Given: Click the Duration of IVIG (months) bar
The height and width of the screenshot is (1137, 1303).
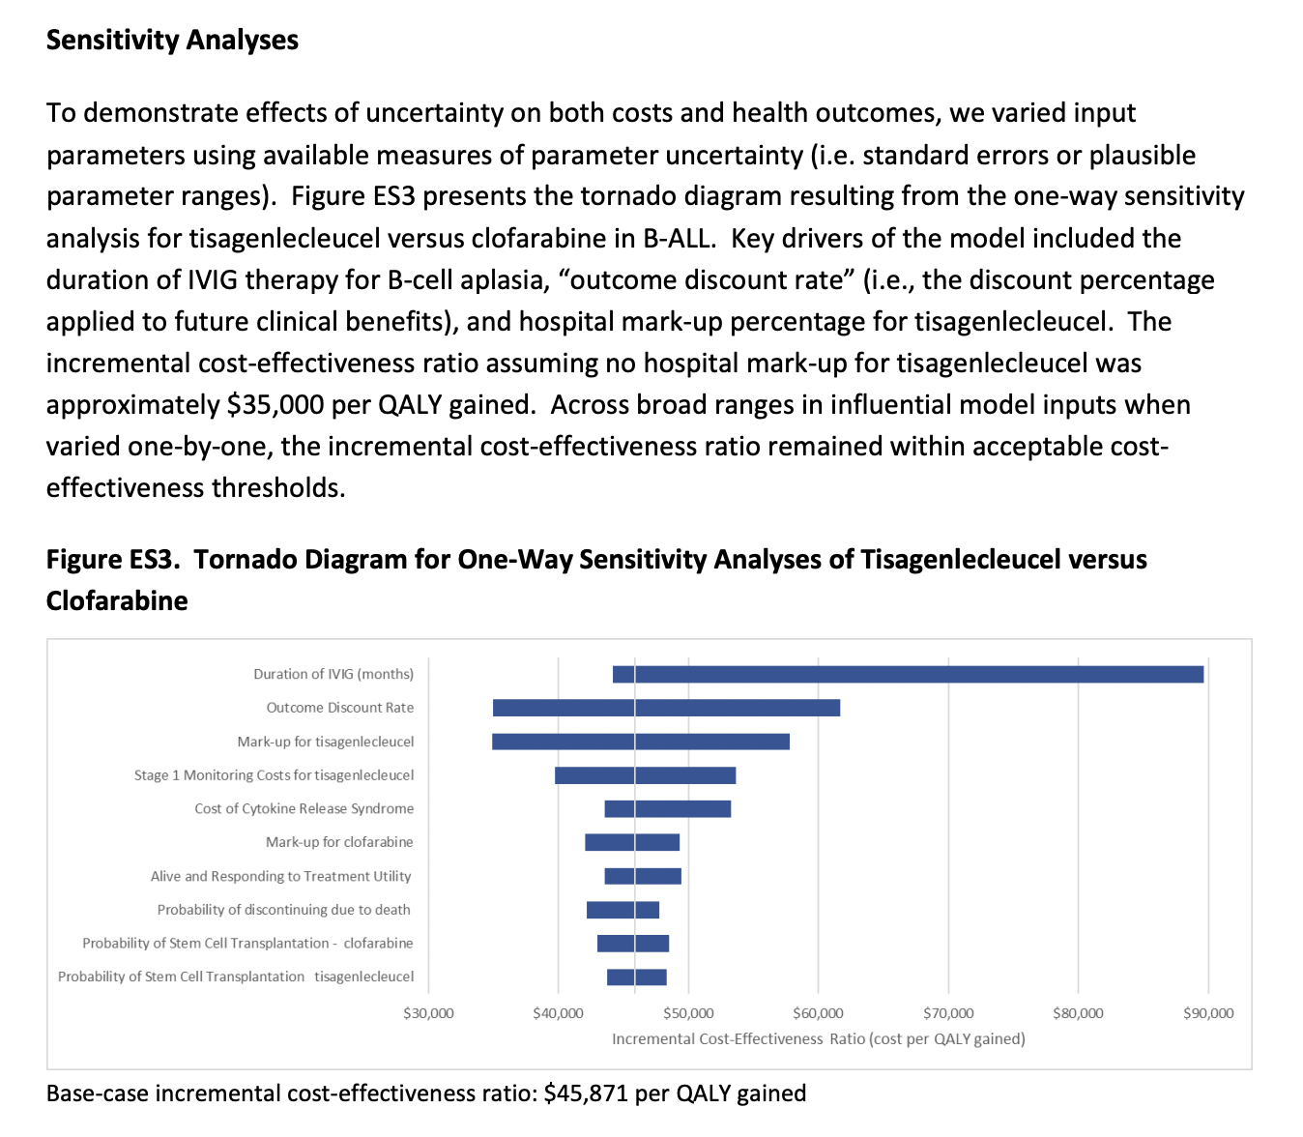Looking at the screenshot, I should pyautogui.click(x=908, y=674).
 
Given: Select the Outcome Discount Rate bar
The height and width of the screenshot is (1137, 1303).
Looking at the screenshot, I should pyautogui.click(x=666, y=708).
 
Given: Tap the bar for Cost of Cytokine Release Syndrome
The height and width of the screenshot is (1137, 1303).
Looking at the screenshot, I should pyautogui.click(x=667, y=809).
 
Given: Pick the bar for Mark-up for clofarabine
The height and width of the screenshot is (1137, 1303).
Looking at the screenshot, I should pyautogui.click(x=632, y=842).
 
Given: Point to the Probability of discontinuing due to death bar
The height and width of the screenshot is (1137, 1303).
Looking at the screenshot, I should pyautogui.click(x=623, y=910).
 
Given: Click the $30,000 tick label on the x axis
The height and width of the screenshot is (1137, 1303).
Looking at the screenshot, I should pyautogui.click(x=428, y=1013).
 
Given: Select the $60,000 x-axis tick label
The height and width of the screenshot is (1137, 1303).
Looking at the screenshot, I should pyautogui.click(x=818, y=1013).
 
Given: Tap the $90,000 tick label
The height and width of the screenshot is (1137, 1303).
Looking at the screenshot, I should pyautogui.click(x=1208, y=1013).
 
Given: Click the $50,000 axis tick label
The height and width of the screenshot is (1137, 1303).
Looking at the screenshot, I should pyautogui.click(x=688, y=1013).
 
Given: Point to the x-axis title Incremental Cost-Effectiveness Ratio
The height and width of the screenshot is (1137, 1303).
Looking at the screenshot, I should pyautogui.click(x=818, y=1039).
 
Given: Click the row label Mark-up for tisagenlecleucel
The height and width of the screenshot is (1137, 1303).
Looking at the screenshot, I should pyautogui.click(x=326, y=742).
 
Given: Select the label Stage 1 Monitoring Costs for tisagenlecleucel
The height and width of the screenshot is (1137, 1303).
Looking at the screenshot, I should pyautogui.click(x=274, y=775).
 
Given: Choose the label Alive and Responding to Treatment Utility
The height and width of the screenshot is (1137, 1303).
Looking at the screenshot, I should pyautogui.click(x=280, y=876).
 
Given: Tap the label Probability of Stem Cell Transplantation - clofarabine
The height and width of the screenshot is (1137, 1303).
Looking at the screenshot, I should pyautogui.click(x=247, y=944).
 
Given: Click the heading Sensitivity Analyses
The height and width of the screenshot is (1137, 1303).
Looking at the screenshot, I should pyautogui.click(x=172, y=41).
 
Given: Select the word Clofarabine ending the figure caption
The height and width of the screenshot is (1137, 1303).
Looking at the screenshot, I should pyautogui.click(x=117, y=601).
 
